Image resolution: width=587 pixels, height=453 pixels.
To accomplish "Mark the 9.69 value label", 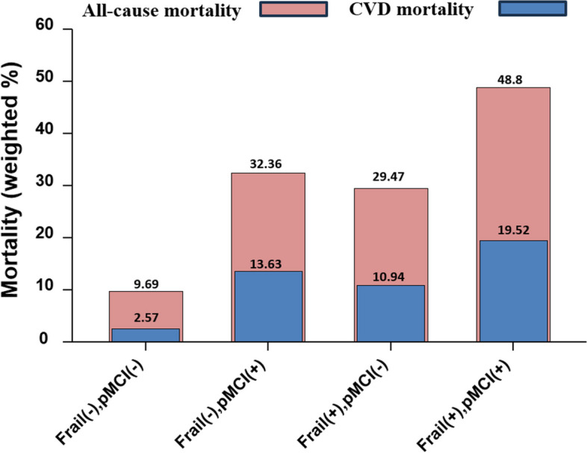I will point(146,282).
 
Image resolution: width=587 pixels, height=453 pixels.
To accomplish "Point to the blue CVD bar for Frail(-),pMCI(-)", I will point(146,335).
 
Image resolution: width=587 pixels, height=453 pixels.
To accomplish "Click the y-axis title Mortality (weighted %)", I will point(16,186).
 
